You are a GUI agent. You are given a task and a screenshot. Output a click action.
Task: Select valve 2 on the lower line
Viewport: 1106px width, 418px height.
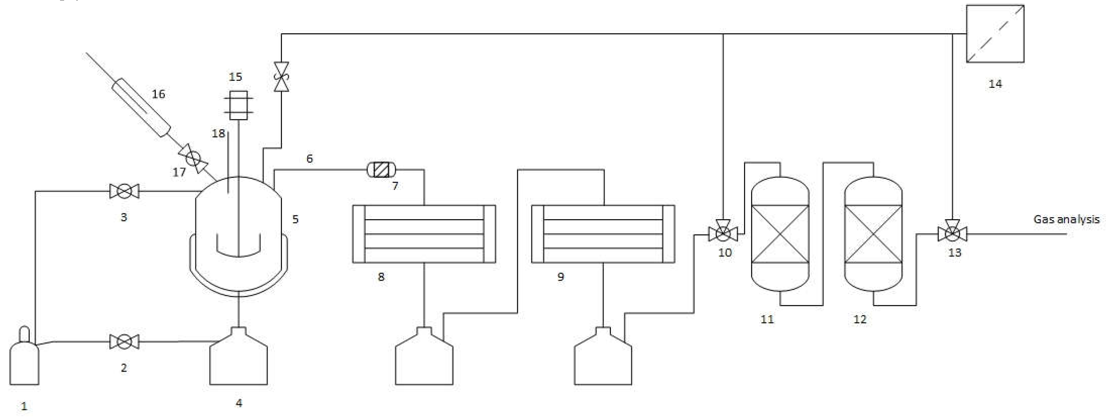coord(124,342)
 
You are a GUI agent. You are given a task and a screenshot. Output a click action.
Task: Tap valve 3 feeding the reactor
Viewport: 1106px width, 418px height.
coord(124,191)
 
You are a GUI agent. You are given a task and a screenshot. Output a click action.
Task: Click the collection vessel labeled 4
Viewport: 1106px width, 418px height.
coord(238,361)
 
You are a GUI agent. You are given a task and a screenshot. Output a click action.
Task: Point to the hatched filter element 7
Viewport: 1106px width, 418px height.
coord(381,170)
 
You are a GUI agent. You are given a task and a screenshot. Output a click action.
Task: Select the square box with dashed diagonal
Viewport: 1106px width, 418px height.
coord(995,34)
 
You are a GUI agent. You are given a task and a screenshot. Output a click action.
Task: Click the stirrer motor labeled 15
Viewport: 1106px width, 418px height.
coord(238,105)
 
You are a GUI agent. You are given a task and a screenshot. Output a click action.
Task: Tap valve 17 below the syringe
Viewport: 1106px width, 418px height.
coord(193,159)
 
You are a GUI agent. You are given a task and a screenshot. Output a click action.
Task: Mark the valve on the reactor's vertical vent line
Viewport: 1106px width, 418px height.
coord(281,77)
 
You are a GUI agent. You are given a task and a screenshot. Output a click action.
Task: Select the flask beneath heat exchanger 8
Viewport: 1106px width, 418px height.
coord(424,361)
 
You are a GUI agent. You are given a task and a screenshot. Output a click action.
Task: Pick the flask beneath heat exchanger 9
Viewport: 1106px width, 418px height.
coord(603,361)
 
